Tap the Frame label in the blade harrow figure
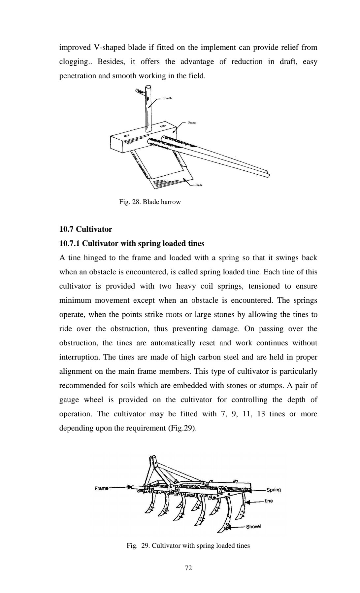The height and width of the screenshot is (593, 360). (x=192, y=122)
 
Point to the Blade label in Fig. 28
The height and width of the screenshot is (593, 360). (x=199, y=185)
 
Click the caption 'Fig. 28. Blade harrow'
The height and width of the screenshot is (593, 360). (x=150, y=202)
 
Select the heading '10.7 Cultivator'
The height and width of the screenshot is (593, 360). (x=85, y=229)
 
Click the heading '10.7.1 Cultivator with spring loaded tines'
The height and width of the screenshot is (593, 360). (x=132, y=243)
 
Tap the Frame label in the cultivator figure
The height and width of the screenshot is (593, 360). (x=101, y=488)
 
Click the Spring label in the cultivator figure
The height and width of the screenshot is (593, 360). (x=274, y=490)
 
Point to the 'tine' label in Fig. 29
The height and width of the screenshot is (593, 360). (x=269, y=501)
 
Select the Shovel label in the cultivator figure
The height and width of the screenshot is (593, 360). (x=253, y=526)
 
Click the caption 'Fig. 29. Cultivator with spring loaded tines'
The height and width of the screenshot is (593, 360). (x=188, y=545)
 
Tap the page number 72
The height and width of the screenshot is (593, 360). (x=188, y=568)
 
